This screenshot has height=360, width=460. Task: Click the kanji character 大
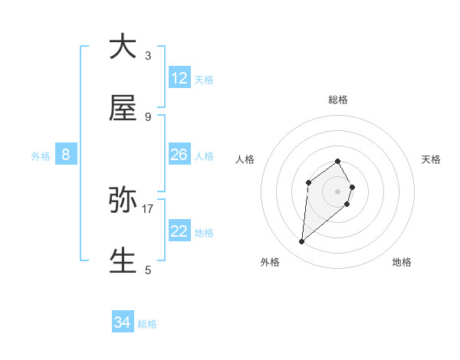(123, 47)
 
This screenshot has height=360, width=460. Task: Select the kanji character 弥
(123, 200)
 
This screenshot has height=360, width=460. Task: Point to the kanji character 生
(123, 260)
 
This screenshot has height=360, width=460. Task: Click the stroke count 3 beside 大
(148, 56)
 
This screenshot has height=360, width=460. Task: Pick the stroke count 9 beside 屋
(148, 116)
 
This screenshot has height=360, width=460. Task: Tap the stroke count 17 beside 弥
(148, 208)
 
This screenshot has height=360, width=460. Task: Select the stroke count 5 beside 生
(148, 270)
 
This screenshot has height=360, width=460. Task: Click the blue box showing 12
(179, 78)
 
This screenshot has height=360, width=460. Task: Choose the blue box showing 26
(179, 155)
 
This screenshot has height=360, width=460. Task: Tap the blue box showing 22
(179, 231)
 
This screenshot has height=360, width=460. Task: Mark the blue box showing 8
(66, 155)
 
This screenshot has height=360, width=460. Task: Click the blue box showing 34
(123, 323)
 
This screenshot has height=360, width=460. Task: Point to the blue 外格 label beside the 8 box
(41, 155)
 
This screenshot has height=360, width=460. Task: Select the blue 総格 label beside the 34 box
(147, 324)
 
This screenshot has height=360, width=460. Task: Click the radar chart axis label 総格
(338, 100)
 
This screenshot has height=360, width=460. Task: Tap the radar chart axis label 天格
(431, 159)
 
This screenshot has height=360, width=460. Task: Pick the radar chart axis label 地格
(402, 262)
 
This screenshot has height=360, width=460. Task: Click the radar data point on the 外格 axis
(302, 242)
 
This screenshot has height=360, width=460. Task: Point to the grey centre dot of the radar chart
(337, 191)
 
